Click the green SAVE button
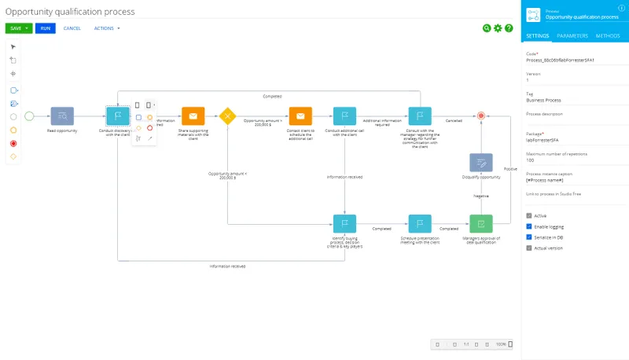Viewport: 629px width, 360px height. click(15, 28)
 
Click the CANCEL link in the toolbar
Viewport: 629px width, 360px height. click(72, 28)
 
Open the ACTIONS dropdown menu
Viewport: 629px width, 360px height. click(107, 28)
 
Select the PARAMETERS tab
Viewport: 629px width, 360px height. click(572, 36)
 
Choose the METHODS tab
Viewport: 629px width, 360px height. click(608, 36)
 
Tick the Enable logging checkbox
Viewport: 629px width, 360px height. click(529, 226)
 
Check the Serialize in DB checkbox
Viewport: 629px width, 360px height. click(529, 237)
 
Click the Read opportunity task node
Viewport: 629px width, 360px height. click(61, 116)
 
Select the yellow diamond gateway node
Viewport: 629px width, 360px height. click(227, 116)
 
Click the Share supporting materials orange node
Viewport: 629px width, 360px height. click(193, 116)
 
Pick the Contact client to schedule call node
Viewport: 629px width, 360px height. click(300, 116)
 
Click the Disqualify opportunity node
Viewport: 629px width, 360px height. click(481, 163)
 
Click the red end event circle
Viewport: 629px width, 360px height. click(481, 116)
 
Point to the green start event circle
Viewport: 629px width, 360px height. click(29, 116)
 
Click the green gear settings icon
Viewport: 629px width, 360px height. click(498, 28)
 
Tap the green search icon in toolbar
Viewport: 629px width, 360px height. click(487, 28)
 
